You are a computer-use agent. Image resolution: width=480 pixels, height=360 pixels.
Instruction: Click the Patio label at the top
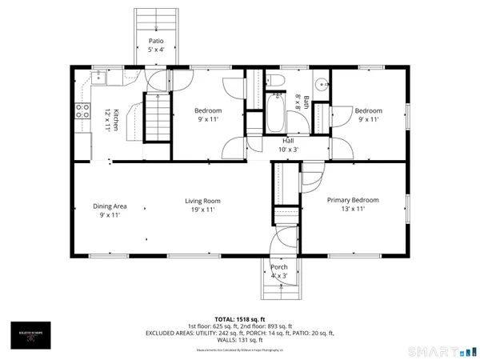(x=157, y=40)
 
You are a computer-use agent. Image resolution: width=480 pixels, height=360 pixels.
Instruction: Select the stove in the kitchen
(x=82, y=112)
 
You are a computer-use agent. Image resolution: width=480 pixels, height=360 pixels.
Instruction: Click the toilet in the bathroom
(x=274, y=80)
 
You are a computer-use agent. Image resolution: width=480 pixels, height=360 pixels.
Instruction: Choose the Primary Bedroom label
(x=353, y=200)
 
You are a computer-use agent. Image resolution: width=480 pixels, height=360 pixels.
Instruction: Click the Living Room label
(x=202, y=201)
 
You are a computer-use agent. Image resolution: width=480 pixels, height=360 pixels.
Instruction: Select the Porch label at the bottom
(x=279, y=266)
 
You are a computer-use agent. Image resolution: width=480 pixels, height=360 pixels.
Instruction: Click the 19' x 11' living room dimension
(x=202, y=210)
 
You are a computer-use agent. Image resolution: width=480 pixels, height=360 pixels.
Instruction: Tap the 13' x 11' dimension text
(x=353, y=209)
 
